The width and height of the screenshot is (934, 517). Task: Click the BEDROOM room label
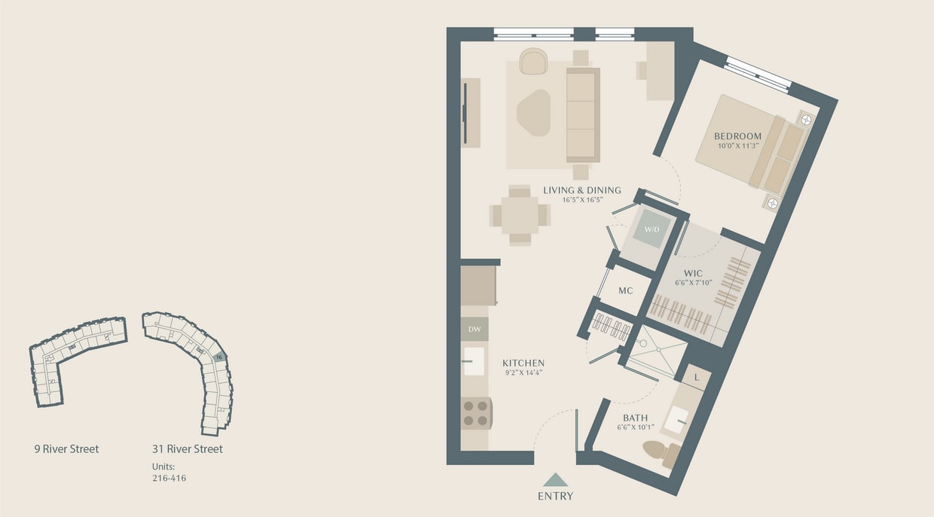click(x=737, y=136)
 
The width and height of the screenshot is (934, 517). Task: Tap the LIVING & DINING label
click(x=582, y=190)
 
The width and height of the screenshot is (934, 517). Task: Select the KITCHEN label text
click(x=523, y=363)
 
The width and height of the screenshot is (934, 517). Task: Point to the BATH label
click(x=635, y=418)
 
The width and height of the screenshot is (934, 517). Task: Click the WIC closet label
click(x=692, y=273)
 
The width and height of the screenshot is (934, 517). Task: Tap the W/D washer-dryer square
click(x=651, y=228)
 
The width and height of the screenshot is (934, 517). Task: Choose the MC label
click(x=625, y=291)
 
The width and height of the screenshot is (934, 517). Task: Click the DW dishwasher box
click(x=475, y=329)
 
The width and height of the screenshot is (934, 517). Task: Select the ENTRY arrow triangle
click(x=556, y=479)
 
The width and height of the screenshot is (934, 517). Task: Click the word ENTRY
click(x=556, y=496)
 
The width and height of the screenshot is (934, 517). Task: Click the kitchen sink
click(x=474, y=361)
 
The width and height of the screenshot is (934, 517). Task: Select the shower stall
click(x=656, y=351)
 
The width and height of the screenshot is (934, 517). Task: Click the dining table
click(x=520, y=215)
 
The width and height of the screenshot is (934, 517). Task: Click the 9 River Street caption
click(x=66, y=449)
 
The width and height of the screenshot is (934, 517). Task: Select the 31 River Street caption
click(x=188, y=449)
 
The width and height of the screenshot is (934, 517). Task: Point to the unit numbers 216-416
click(x=169, y=478)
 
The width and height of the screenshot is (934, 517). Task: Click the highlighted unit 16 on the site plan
click(x=218, y=357)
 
